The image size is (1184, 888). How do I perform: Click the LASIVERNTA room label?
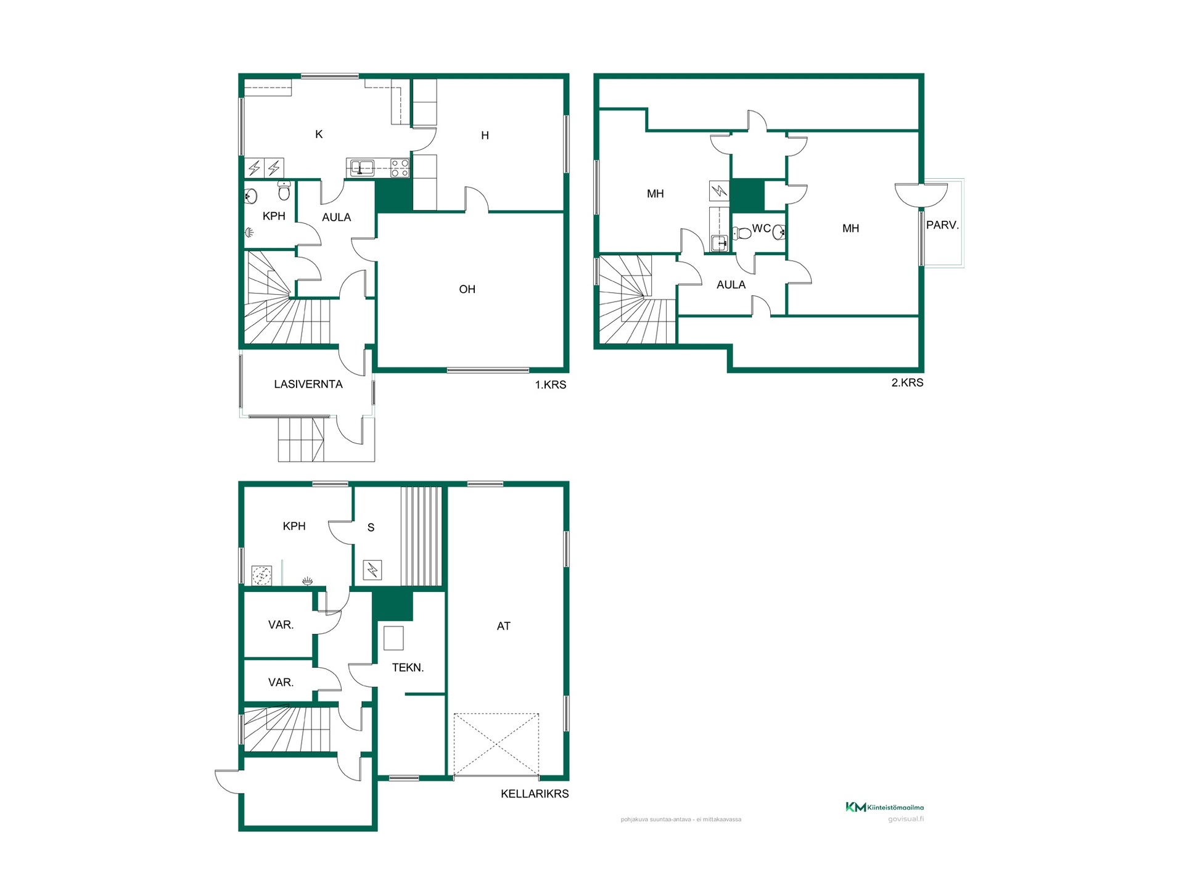pyautogui.click(x=308, y=384)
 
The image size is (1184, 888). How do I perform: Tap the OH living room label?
pyautogui.click(x=467, y=289)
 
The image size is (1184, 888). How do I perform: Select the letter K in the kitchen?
pyautogui.click(x=319, y=134)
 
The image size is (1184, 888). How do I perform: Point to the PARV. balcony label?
pyautogui.click(x=942, y=226)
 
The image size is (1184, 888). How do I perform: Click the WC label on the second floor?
pyautogui.click(x=761, y=228)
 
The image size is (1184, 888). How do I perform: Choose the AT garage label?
pyautogui.click(x=504, y=626)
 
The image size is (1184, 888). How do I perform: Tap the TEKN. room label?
pyautogui.click(x=408, y=667)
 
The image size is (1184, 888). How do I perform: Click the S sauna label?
pyautogui.click(x=371, y=527)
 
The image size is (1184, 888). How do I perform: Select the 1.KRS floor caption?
pyautogui.click(x=550, y=385)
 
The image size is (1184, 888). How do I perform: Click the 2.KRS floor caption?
pyautogui.click(x=907, y=382)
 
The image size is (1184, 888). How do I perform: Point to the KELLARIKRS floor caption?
pyautogui.click(x=535, y=794)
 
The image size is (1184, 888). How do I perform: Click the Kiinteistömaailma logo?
pyautogui.click(x=884, y=807)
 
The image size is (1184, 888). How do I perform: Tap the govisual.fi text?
pyautogui.click(x=906, y=819)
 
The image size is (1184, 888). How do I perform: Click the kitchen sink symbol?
pyautogui.click(x=362, y=167)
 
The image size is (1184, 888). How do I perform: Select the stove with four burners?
pyautogui.click(x=400, y=168)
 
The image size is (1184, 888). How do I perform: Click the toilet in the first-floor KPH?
pyautogui.click(x=284, y=191)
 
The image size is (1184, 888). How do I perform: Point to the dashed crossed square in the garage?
pyautogui.click(x=496, y=744)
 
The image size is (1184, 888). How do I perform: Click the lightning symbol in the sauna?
pyautogui.click(x=372, y=570)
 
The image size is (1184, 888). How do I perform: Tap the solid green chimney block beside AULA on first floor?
pyautogui.click(x=393, y=196)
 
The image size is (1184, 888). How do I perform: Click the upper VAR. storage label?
pyautogui.click(x=281, y=625)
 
